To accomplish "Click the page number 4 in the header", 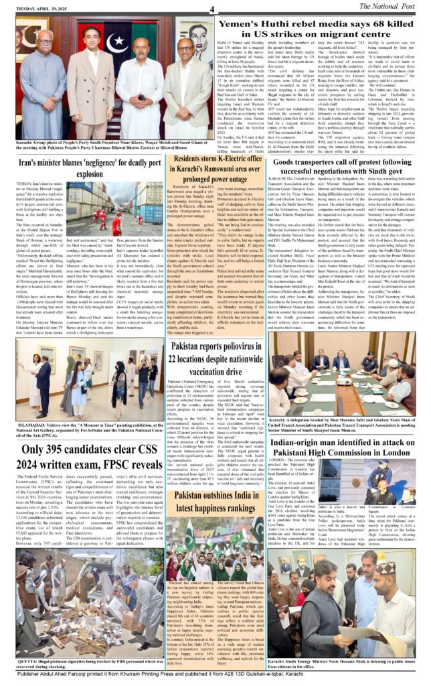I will tap(212, 8).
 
